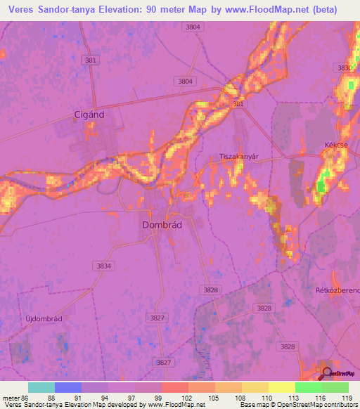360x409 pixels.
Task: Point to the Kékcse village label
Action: click(x=336, y=144)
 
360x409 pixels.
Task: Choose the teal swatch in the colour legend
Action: click(x=41, y=387)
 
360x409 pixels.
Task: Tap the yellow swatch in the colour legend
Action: click(x=281, y=387)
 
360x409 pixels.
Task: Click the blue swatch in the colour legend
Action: click(x=68, y=387)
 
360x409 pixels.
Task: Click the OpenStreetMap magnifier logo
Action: click(x=327, y=373)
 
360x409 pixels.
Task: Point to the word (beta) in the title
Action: click(x=321, y=10)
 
